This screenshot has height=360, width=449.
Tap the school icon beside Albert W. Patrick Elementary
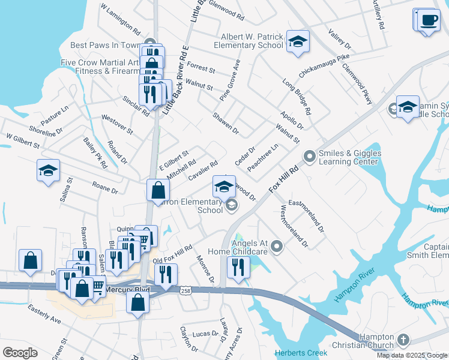[x=297, y=42]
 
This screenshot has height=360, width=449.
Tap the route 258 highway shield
[x=185, y=290]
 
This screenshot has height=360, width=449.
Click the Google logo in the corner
[x=20, y=353]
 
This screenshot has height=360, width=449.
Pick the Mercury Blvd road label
[x=127, y=290]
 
